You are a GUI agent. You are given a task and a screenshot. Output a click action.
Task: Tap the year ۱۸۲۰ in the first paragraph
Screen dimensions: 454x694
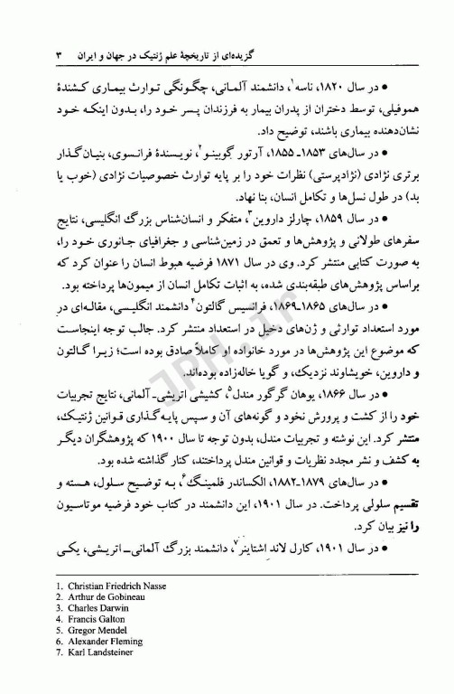[x=364, y=92]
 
